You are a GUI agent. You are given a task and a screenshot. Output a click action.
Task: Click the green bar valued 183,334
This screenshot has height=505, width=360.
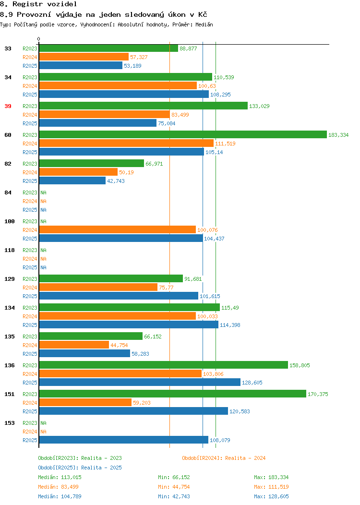coord(183,134)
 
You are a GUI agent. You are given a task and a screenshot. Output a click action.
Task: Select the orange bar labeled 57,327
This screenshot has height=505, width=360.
coord(84,57)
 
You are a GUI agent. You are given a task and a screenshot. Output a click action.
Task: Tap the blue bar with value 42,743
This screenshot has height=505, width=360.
coord(72,180)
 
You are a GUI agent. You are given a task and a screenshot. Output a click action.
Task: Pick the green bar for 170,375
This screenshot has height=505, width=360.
coord(173,394)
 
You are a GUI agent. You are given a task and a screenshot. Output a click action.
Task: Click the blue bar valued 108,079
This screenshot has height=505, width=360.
coord(124,440)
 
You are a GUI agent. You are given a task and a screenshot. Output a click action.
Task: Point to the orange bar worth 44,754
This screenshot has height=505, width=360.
coord(74,345)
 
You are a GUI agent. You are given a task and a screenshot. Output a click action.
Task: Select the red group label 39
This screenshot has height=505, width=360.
coord(8,106)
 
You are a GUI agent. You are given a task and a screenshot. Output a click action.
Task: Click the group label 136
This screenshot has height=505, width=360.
coord(10,365)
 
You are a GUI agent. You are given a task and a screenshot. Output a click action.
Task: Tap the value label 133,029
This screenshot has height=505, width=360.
coord(259,106)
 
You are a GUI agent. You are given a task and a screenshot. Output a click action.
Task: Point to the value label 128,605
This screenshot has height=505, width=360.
coord(252,383)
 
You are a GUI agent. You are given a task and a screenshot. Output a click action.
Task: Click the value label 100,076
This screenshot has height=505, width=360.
coord(207,230)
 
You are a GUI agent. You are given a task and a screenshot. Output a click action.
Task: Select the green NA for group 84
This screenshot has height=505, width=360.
coord(44,192)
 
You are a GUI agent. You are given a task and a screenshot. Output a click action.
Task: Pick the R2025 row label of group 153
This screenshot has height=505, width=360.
coord(30,440)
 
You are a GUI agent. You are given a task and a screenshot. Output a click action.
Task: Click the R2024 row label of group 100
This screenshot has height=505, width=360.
coord(30,230)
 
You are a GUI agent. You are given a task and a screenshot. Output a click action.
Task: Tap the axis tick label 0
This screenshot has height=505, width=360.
coord(39,39)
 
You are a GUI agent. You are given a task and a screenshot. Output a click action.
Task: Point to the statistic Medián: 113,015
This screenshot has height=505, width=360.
coord(60,477)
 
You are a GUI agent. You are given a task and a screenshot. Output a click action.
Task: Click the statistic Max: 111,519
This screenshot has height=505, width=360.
coord(271,487)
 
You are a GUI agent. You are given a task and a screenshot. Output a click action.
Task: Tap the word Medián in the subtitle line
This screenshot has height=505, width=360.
coord(204,25)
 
